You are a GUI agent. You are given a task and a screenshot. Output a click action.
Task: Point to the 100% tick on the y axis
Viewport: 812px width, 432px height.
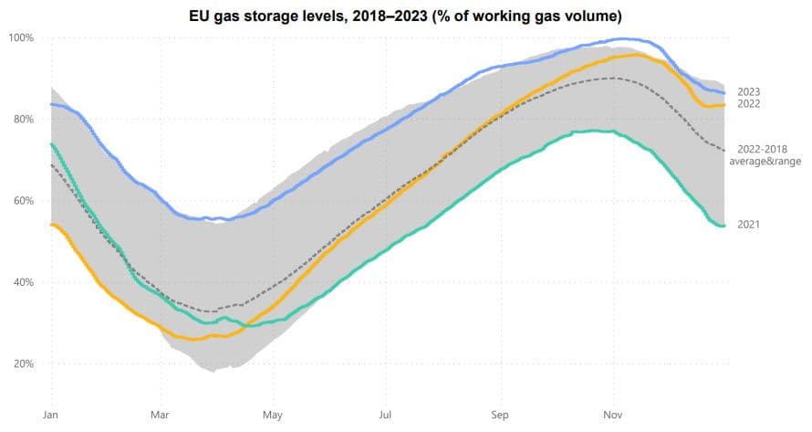21,37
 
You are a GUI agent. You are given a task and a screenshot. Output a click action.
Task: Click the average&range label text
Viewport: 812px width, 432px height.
765,161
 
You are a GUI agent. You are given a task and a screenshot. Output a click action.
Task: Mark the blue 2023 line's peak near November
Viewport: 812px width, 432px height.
620,39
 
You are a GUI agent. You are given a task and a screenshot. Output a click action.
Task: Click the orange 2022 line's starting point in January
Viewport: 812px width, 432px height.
51,225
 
